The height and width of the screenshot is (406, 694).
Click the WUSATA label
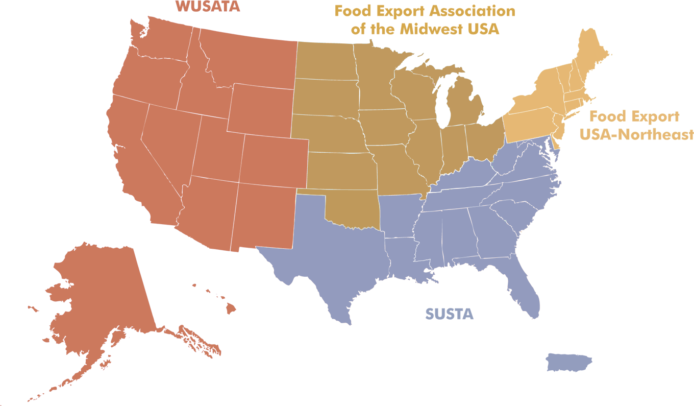click(x=208, y=7)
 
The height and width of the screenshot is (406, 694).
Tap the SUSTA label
click(x=449, y=314)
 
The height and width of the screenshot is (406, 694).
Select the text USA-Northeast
click(x=641, y=134)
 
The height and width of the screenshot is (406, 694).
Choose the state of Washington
click(x=161, y=41)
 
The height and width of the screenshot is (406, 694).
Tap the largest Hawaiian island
click(x=231, y=308)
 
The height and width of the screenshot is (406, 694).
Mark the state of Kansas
click(x=342, y=171)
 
